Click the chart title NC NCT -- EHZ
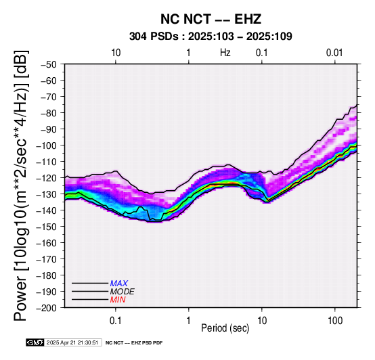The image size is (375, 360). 211,19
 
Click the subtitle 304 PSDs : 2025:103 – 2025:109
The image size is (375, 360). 211,37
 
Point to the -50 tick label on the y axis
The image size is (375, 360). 49,64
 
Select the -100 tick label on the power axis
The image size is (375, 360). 47,145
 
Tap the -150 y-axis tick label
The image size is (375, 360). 47,227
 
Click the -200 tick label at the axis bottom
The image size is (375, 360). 47,308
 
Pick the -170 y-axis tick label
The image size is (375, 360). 47,259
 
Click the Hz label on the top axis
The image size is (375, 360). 225,53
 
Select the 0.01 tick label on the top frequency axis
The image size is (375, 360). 334,53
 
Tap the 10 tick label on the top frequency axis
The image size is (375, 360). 116,53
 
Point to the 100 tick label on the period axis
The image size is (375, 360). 335,321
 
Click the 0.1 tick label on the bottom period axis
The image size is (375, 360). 116,321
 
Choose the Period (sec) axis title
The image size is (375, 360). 225,328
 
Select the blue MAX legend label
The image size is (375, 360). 119,284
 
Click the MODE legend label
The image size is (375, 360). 123,292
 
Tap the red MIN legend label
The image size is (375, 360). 118,300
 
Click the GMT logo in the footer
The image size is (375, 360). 35,342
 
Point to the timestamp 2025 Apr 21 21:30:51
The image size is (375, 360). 72,342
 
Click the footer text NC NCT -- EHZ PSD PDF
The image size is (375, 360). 134,343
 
